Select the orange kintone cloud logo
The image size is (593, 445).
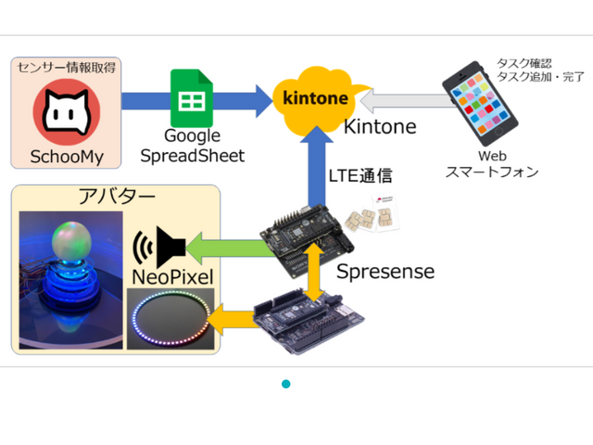coord(316,95)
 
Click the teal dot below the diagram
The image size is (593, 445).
coord(286,383)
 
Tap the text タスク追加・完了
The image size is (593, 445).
coord(540,77)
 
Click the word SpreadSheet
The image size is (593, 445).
coord(192,156)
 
